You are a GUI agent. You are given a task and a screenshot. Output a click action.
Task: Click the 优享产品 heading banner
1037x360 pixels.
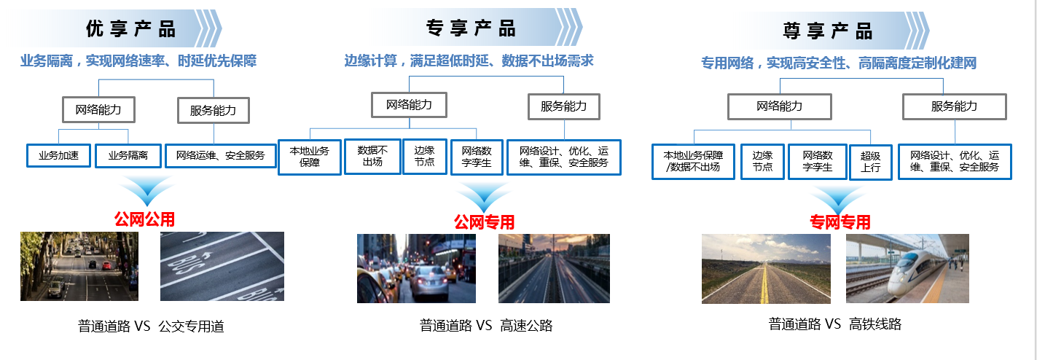(x=131, y=29)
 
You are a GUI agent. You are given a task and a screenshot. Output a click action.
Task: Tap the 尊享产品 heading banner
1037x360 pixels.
(x=827, y=31)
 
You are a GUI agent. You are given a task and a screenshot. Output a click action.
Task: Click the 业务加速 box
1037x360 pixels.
(x=59, y=155)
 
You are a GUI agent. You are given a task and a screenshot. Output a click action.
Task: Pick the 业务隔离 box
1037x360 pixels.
(x=128, y=155)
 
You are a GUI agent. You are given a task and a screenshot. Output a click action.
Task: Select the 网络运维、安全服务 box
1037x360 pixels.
(x=221, y=155)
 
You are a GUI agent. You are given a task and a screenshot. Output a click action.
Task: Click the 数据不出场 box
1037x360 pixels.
(x=372, y=156)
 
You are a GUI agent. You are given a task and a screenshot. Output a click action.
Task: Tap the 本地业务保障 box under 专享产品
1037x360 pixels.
(x=310, y=157)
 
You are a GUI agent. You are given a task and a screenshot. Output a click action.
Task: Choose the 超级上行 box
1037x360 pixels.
(x=871, y=161)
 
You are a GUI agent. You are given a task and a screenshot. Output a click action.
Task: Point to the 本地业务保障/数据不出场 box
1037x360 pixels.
(x=693, y=161)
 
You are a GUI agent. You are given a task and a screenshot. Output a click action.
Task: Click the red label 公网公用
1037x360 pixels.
(x=144, y=219)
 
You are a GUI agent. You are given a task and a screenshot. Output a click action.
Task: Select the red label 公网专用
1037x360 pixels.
(x=484, y=222)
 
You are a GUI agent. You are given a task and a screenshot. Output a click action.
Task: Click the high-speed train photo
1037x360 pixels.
(x=907, y=268)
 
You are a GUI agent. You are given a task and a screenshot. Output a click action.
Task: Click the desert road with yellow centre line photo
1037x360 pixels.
(x=766, y=268)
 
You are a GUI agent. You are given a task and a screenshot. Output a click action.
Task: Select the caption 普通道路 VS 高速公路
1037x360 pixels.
(x=486, y=326)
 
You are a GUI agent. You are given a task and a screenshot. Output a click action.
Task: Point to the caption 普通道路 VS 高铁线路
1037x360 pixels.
(x=834, y=324)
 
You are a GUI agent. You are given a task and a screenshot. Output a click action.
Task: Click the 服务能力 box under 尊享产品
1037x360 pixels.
(x=954, y=106)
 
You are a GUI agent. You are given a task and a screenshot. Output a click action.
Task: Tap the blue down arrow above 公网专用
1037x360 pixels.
(x=483, y=196)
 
